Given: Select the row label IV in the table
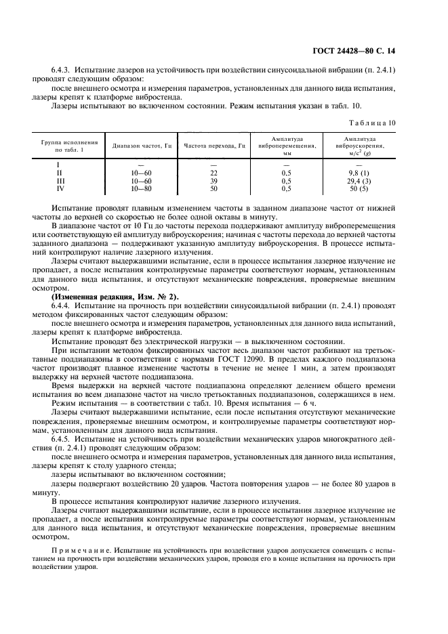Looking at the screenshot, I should (x=58, y=189).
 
